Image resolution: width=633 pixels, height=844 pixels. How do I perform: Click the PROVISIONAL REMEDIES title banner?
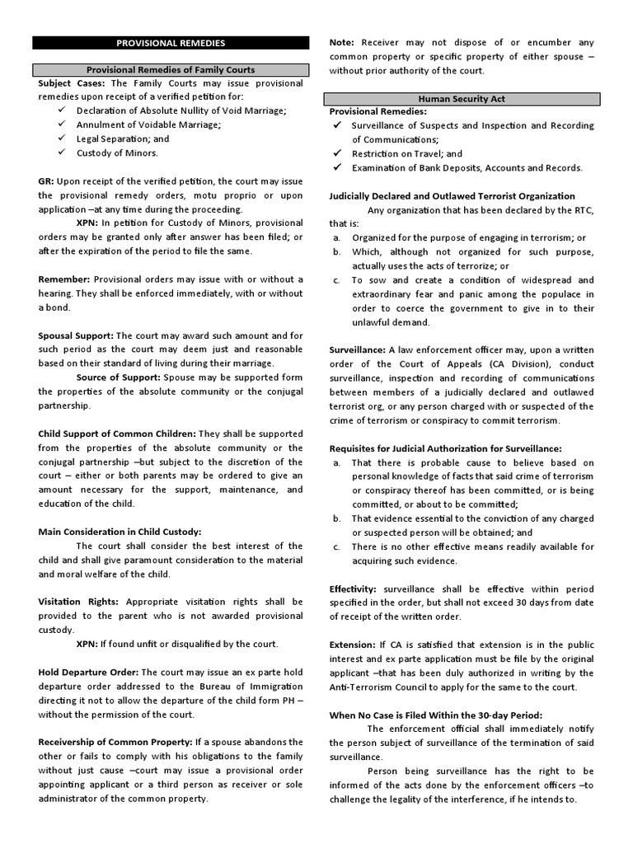[x=171, y=42]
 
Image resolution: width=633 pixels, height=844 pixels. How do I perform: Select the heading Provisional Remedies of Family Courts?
[x=171, y=70]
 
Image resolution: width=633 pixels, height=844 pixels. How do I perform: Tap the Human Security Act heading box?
[x=462, y=98]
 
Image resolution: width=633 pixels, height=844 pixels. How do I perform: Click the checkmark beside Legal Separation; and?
[x=63, y=139]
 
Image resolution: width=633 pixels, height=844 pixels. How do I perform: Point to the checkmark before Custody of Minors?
[x=63, y=153]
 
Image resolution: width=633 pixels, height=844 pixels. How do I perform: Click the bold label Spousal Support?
[x=76, y=335]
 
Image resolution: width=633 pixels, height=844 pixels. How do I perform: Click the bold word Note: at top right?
[x=342, y=42]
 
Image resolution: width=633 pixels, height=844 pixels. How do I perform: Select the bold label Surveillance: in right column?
[x=358, y=349]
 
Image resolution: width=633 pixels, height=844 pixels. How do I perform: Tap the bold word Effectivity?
[x=353, y=588]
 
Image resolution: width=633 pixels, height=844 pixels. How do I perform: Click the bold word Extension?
[x=352, y=645]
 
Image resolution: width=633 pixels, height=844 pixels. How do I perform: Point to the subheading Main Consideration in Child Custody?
[x=120, y=532]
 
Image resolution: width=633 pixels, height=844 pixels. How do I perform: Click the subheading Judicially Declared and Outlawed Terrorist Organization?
[x=452, y=196]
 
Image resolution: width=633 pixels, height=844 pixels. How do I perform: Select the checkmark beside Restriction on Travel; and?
[x=337, y=153]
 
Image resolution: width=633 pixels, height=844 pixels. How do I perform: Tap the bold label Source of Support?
[x=119, y=377]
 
